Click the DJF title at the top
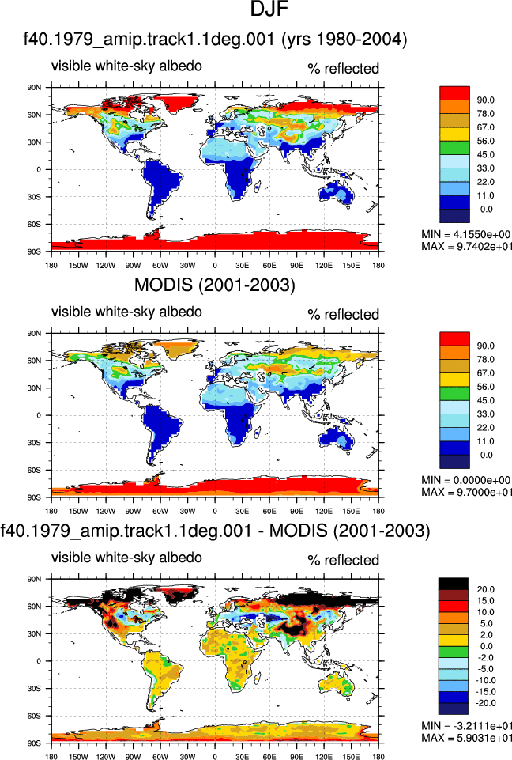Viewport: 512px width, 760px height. coord(269,9)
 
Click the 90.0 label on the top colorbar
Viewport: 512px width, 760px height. coord(485,100)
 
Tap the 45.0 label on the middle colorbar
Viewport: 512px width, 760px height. coord(485,400)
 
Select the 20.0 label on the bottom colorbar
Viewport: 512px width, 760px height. coord(485,589)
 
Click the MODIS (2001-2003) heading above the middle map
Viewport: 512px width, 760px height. coord(215,285)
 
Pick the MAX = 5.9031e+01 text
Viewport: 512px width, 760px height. coord(466,738)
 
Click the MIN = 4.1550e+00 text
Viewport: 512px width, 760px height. coord(466,235)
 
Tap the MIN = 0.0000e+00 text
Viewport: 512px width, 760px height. coord(466,480)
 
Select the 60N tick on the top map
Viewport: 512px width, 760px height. coord(35,115)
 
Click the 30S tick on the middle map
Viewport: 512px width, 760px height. coord(35,443)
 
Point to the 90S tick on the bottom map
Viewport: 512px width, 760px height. coord(35,743)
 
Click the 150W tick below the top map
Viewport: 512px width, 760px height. coord(78,265)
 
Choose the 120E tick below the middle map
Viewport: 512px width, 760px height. coord(324,511)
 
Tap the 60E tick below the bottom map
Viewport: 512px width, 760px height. coord(269,757)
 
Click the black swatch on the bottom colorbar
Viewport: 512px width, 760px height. coord(454,584)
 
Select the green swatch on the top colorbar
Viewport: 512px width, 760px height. coord(454,148)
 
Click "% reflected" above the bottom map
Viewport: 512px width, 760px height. coord(344,560)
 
